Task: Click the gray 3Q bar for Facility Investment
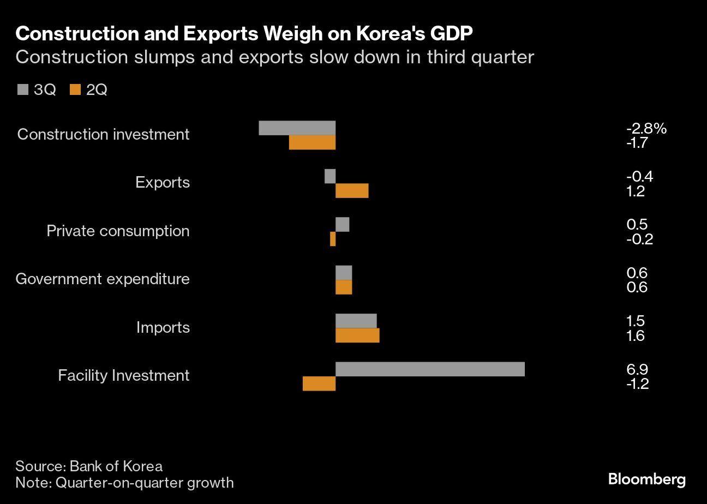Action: tap(430, 369)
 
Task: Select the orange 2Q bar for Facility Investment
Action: tap(319, 384)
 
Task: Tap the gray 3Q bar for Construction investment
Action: tap(297, 128)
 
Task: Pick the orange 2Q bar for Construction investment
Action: tap(312, 142)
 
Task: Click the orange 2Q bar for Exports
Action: tap(352, 191)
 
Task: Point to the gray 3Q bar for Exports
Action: tap(330, 176)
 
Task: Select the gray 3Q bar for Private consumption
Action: tap(342, 224)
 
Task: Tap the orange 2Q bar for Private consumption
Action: tap(333, 239)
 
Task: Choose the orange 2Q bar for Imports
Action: tap(357, 335)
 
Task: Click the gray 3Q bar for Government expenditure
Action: tap(344, 273)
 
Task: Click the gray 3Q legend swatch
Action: tap(22, 89)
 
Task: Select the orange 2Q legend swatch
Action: tap(75, 89)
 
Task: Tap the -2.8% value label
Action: tap(646, 129)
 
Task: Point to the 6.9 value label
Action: tap(637, 369)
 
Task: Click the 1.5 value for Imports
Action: tap(636, 321)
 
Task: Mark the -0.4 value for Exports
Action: tap(639, 176)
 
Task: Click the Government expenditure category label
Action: tap(103, 279)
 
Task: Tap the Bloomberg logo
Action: tap(646, 479)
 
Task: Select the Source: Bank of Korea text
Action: tap(89, 466)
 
